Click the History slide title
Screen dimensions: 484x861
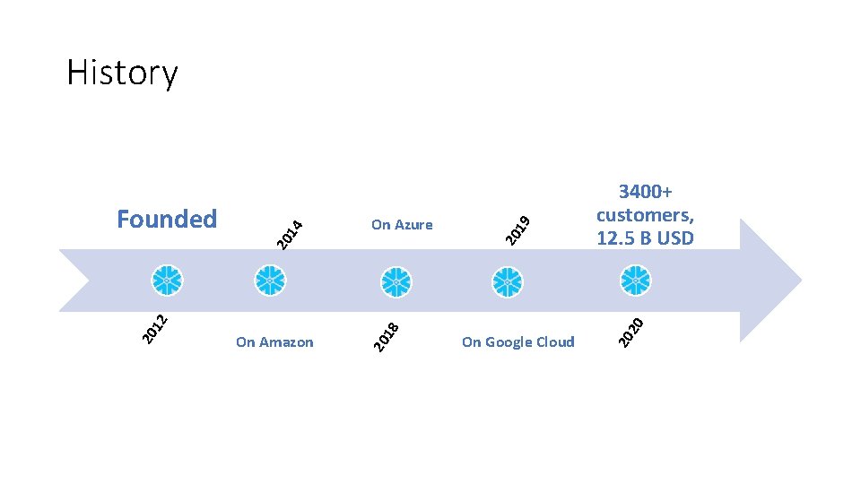122,73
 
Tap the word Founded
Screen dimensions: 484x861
167,219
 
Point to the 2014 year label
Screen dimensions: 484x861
289,233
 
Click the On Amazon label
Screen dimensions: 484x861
274,341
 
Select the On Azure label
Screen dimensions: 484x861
402,225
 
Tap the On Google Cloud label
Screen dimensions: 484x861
517,341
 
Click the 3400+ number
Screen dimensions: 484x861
646,192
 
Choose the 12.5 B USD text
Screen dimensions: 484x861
645,238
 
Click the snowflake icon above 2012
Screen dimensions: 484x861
167,281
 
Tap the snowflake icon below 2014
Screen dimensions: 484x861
270,281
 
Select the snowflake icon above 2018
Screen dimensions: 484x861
396,281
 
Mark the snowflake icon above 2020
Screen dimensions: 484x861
636,281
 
